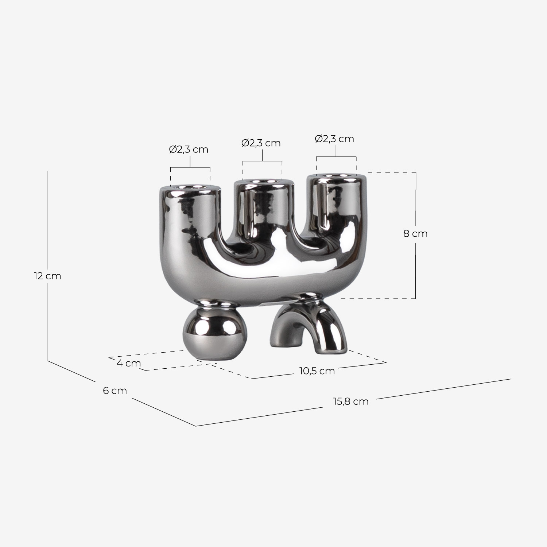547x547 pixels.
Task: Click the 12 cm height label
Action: pyautogui.click(x=47, y=276)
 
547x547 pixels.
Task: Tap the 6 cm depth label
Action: pyautogui.click(x=115, y=391)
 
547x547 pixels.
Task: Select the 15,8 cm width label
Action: pyautogui.click(x=350, y=401)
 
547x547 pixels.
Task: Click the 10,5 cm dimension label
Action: pyautogui.click(x=317, y=371)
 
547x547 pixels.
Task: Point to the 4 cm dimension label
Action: pyautogui.click(x=129, y=363)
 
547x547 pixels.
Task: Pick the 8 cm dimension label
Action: pyautogui.click(x=415, y=234)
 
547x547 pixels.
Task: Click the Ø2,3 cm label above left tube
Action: pyautogui.click(x=189, y=150)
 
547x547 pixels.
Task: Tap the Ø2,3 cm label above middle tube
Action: pyautogui.click(x=261, y=143)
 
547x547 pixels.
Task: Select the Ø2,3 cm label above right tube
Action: pyautogui.click(x=334, y=139)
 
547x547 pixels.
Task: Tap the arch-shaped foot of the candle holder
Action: pyautogui.click(x=310, y=325)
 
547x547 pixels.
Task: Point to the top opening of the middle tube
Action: pyautogui.click(x=263, y=181)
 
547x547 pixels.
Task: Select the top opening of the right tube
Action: pyautogui.click(x=336, y=176)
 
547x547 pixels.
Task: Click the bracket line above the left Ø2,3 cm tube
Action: pyautogui.click(x=190, y=167)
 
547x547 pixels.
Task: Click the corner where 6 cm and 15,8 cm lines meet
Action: pyautogui.click(x=196, y=426)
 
